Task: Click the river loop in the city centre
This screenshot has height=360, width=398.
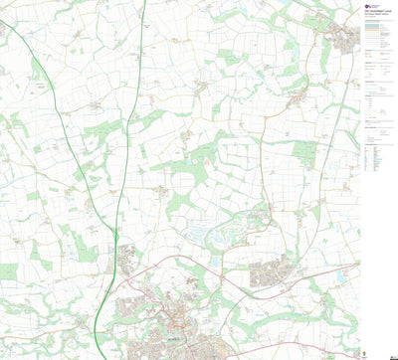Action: [179, 320]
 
